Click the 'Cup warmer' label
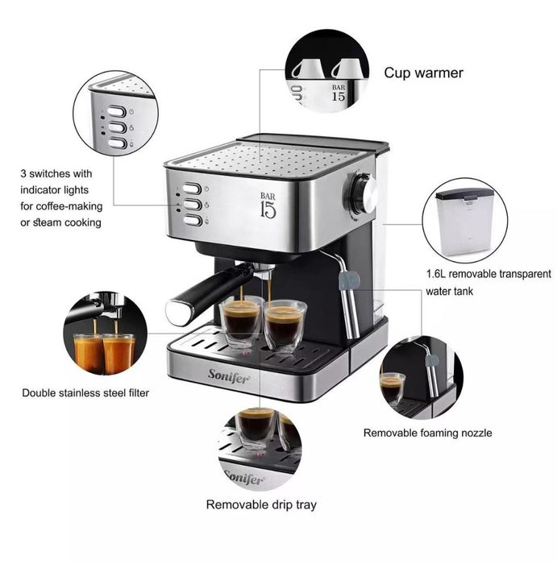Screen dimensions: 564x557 (x=423, y=73)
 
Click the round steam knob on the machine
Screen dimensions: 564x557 (x=364, y=193)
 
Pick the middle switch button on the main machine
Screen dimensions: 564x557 (x=191, y=205)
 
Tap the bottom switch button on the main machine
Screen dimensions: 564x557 (x=191, y=220)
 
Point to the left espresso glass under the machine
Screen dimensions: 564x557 (x=241, y=321)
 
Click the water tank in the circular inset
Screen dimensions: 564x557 (x=464, y=218)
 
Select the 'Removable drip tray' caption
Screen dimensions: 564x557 (x=261, y=505)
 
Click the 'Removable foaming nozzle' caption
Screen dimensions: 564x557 (x=427, y=433)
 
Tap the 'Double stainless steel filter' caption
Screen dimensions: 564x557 (x=85, y=393)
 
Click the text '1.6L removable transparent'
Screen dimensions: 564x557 (x=488, y=274)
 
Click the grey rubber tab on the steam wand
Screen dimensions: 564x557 (x=348, y=280)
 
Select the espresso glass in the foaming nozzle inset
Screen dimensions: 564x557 (x=393, y=388)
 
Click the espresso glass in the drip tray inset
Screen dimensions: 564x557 (x=257, y=425)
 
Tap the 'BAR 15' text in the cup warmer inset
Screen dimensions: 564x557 (x=338, y=91)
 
